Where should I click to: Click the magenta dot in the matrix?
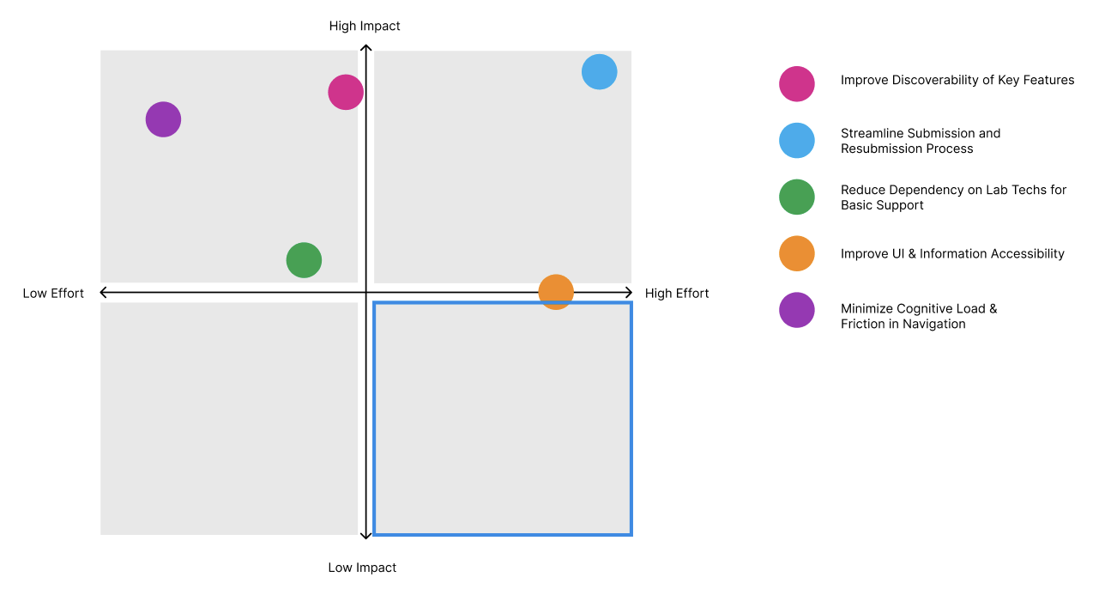pos(346,92)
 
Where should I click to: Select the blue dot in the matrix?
pos(600,71)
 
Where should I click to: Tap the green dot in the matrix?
pos(304,260)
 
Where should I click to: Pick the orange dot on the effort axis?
pos(556,292)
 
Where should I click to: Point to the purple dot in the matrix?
pos(163,119)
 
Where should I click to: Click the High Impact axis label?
pos(365,26)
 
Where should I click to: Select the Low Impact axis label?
pos(362,568)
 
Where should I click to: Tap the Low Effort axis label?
pos(53,294)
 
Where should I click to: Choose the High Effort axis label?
pos(677,294)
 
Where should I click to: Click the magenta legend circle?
pos(797,83)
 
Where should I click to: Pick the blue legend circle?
pos(797,140)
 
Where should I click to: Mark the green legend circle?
pos(797,197)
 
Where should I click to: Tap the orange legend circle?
pos(797,253)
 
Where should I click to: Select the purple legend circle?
pos(797,310)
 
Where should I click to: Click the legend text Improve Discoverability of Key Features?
pos(957,80)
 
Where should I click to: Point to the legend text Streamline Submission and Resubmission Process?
pos(921,141)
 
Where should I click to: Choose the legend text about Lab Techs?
pos(953,197)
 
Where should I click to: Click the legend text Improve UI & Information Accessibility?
pos(952,253)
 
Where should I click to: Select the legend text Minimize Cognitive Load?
pos(919,316)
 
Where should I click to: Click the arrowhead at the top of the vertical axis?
pos(365,48)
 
